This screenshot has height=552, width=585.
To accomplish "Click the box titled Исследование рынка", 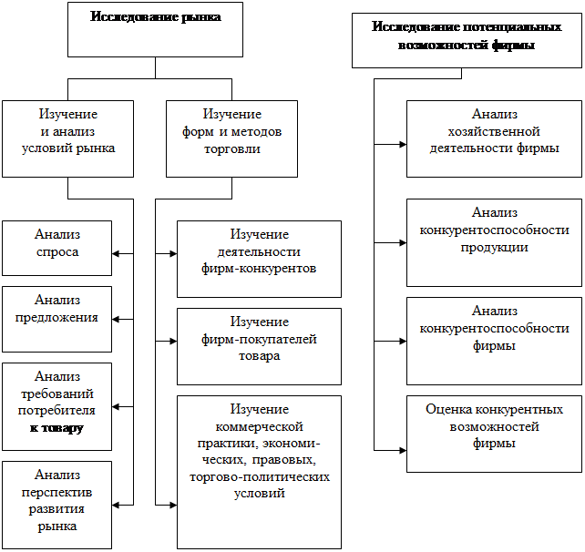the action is coord(155,29).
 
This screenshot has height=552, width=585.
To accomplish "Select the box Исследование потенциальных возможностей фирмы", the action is coord(467,41).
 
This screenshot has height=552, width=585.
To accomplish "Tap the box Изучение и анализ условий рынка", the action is coord(68,138).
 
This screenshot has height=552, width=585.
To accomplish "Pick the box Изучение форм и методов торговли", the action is coord(231,138).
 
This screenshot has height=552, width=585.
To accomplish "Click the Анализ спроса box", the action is coord(56,249).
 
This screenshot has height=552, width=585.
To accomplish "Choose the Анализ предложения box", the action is coord(56,319).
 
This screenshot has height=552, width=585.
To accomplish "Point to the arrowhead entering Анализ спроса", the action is coord(116,254).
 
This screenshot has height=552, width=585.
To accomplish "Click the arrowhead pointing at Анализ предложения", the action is coord(116,320).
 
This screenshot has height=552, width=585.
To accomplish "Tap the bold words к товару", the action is coord(56,428).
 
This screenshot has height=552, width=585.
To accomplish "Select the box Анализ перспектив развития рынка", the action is coord(56,505).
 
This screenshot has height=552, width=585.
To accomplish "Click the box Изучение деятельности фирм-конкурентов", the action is coord(259,260).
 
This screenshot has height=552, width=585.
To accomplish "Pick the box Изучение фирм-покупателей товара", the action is coord(259,346).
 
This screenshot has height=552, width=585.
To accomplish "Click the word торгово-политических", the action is coord(260,477).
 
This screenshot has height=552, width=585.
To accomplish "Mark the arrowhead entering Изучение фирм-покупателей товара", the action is coord(173,342).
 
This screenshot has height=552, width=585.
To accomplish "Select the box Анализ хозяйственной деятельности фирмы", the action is coord(495,138).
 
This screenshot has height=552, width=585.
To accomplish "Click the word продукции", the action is coord(495,248).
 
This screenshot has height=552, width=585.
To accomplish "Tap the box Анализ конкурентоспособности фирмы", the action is coord(495,342).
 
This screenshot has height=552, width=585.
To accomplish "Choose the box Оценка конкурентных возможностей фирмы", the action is coord(495,434).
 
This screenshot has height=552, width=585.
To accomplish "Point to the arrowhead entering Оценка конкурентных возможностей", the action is coord(403,451).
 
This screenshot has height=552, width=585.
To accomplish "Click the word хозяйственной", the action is coord(494,132).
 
